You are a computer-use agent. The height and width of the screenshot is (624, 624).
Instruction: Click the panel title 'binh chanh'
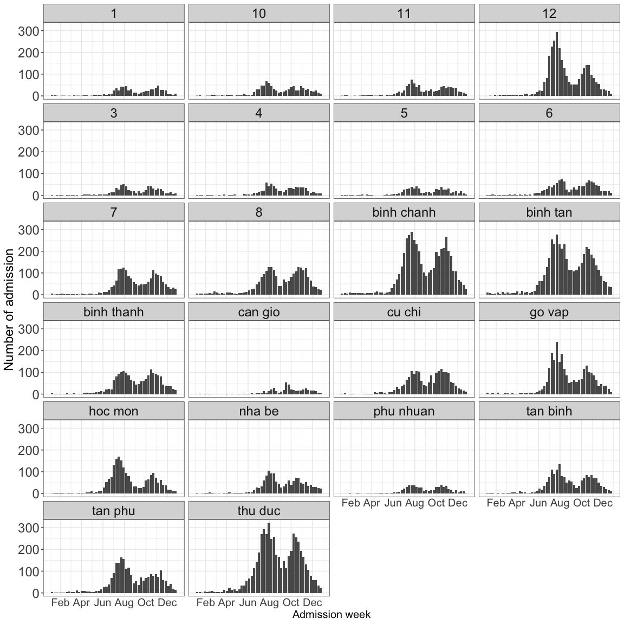coord(404,212)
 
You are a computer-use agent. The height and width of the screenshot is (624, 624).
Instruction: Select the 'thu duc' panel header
coord(258,511)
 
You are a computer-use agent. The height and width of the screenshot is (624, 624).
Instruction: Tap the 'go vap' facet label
coord(549,312)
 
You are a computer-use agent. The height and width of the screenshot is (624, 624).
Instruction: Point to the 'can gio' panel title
coord(258,312)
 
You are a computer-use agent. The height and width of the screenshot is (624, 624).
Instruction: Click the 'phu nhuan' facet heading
coord(404,411)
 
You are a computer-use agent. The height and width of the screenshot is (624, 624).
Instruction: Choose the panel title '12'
coord(549,14)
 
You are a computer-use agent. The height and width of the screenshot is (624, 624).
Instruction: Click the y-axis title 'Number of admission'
coord(9,309)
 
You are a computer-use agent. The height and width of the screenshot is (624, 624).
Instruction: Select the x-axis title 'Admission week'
coord(331,614)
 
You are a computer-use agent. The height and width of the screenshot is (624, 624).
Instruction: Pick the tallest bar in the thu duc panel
coord(269,558)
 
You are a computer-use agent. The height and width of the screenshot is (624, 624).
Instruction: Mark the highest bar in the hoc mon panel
coord(119,475)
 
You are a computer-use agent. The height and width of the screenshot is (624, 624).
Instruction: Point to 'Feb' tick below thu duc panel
coord(205,602)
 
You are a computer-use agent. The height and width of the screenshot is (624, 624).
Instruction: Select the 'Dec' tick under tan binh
coord(603,503)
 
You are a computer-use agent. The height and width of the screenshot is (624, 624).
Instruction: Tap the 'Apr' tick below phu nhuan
coord(372,503)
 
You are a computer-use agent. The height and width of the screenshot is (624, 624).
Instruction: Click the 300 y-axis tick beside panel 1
coord(29,31)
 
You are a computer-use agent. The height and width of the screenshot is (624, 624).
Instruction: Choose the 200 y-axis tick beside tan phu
coord(29,549)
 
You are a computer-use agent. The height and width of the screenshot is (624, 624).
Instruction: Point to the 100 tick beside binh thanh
coord(29,373)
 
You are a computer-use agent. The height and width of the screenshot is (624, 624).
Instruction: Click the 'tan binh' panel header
coord(549,411)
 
